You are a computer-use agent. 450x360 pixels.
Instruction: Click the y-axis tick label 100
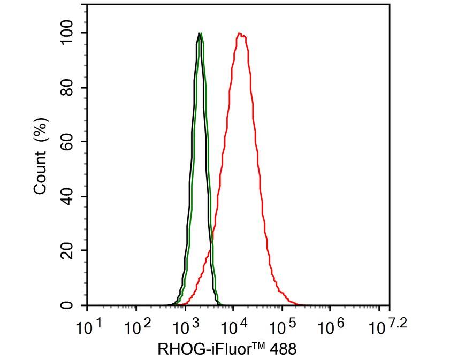67,33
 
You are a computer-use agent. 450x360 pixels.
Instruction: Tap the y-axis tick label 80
67,88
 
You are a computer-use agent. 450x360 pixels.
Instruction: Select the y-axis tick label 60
67,142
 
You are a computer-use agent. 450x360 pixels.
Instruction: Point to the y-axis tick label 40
67,196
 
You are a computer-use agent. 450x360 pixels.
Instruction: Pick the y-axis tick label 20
67,251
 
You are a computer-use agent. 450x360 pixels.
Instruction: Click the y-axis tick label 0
67,305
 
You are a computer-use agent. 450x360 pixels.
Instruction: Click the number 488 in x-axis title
281,349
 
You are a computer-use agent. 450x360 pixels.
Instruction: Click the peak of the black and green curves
200,34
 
